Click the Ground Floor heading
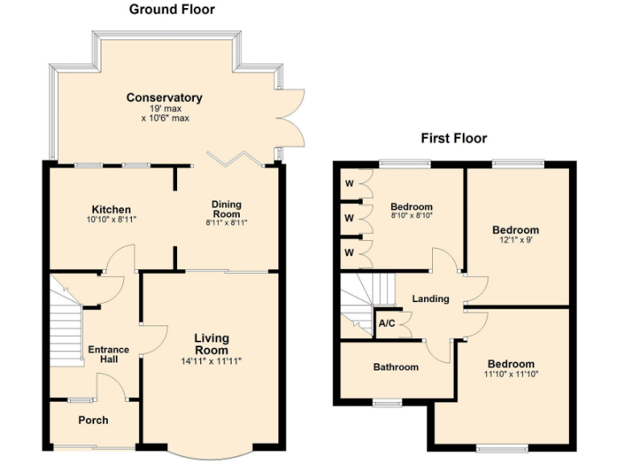pyautogui.click(x=172, y=10)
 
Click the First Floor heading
pyautogui.click(x=454, y=138)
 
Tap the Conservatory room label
pyautogui.click(x=164, y=97)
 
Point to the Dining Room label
pyautogui.click(x=226, y=209)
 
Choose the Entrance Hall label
pyautogui.click(x=108, y=354)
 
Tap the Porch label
pyautogui.click(x=93, y=420)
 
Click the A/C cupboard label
pyautogui.click(x=386, y=324)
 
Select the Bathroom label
pyautogui.click(x=396, y=367)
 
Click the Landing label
pyautogui.click(x=431, y=299)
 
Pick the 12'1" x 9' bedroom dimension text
pyautogui.click(x=516, y=240)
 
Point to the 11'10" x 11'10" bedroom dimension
pyautogui.click(x=511, y=374)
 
